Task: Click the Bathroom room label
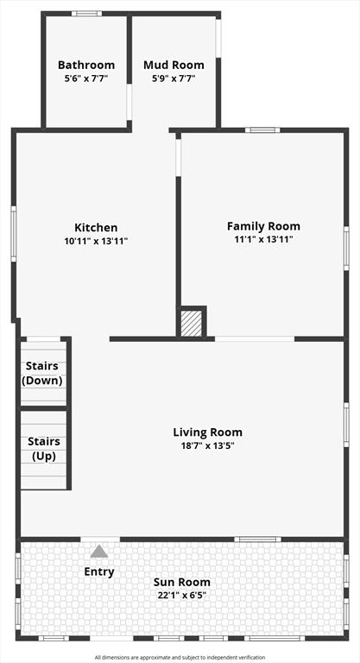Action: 86,65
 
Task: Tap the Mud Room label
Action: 174,65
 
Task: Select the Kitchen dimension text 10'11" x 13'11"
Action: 96,242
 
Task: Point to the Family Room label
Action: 263,226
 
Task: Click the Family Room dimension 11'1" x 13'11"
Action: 263,240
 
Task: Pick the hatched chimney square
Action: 191,324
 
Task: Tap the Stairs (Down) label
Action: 42,373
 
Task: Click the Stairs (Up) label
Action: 44,449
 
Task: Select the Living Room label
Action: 208,433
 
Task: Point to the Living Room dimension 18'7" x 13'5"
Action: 208,445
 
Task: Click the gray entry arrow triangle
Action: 99,551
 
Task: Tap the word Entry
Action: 99,572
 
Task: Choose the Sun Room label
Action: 181,582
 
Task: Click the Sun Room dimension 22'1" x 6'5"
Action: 181,596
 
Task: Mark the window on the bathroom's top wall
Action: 86,14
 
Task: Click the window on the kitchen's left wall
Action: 14,234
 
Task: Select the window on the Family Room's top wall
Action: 262,130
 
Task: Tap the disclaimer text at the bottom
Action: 180,658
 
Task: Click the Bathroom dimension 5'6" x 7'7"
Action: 86,79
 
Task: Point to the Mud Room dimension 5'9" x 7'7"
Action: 174,79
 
